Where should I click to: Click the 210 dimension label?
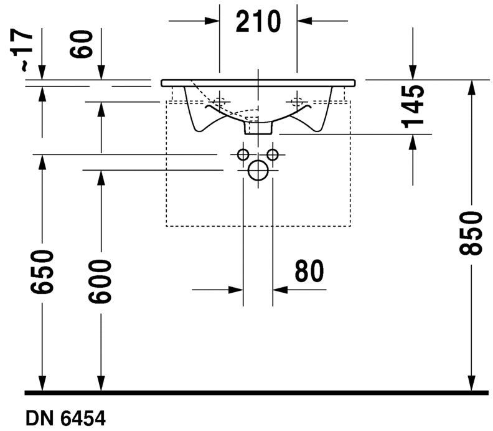(258, 21)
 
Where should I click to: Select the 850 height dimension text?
(471, 233)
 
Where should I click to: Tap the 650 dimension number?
(42, 272)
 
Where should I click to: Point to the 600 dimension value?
(100, 282)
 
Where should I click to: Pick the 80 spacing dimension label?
(309, 271)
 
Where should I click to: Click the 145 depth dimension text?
(413, 107)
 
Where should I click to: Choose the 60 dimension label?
(82, 44)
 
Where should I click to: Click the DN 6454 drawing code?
(65, 419)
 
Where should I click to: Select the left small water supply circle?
(243, 154)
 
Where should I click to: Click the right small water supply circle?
(273, 154)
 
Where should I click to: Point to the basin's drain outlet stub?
(258, 128)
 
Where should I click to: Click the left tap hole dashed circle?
(219, 102)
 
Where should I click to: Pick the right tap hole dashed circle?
(297, 102)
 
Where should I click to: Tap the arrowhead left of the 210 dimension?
(212, 21)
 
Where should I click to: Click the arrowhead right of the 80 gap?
(280, 290)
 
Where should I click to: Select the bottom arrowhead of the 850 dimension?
(471, 383)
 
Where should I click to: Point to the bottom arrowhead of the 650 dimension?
(42, 383)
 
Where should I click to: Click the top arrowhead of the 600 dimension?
(101, 110)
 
